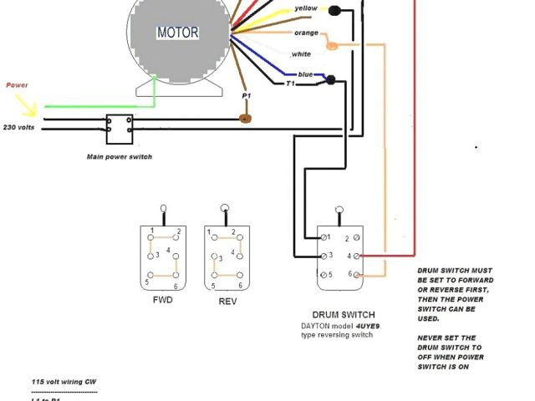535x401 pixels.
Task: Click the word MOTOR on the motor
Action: tap(177, 33)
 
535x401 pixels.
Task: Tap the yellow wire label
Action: tap(306, 9)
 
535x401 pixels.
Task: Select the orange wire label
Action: tap(305, 33)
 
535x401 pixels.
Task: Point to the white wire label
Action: tap(301, 54)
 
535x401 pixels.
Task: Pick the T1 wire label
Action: tap(291, 84)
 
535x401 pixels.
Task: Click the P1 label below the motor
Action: tap(247, 97)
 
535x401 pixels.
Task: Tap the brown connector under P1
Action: tap(246, 118)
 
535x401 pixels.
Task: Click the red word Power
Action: tap(17, 85)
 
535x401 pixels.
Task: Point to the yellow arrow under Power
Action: tap(26, 105)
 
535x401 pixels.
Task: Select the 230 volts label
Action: tap(18, 127)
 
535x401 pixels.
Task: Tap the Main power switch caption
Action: tap(120, 156)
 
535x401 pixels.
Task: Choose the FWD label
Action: tap(162, 299)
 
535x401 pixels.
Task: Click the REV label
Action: tap(226, 301)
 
